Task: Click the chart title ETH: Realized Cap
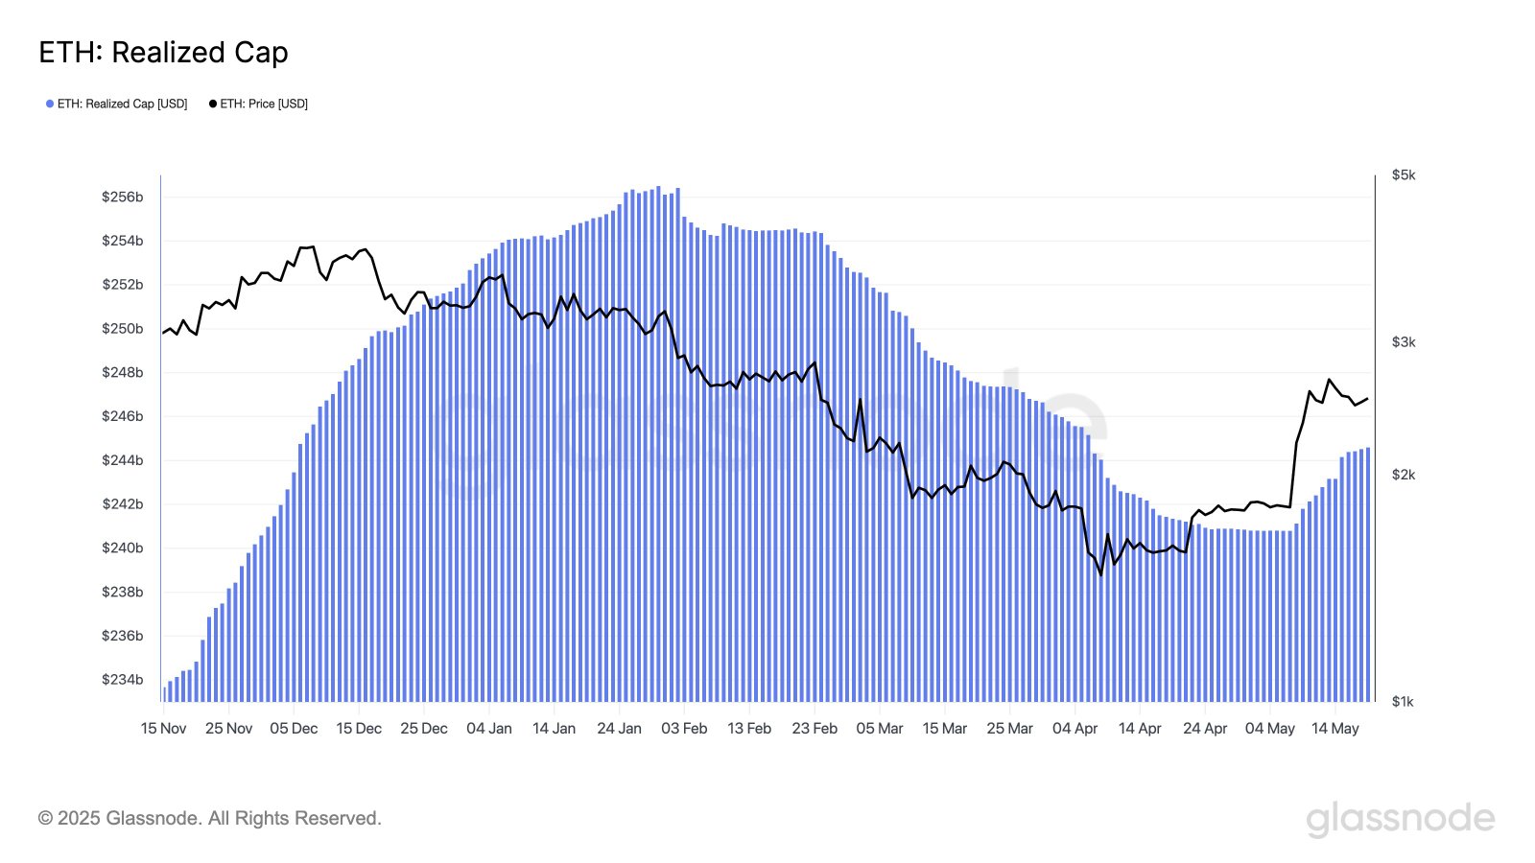[163, 53]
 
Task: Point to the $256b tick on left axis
[123, 198]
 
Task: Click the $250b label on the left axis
[123, 329]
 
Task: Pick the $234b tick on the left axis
[123, 680]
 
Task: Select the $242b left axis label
[123, 504]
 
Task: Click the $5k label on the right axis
[1403, 175]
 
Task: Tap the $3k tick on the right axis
[1403, 342]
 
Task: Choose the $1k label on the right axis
[1403, 702]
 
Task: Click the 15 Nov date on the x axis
[163, 729]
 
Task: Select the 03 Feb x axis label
[684, 729]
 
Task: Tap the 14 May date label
[1334, 729]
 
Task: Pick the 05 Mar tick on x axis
[879, 729]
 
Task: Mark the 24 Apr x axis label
[1205, 729]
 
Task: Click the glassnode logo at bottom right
[1400, 819]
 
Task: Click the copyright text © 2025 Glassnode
[209, 819]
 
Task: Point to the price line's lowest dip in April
[1100, 573]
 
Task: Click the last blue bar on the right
[1367, 575]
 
